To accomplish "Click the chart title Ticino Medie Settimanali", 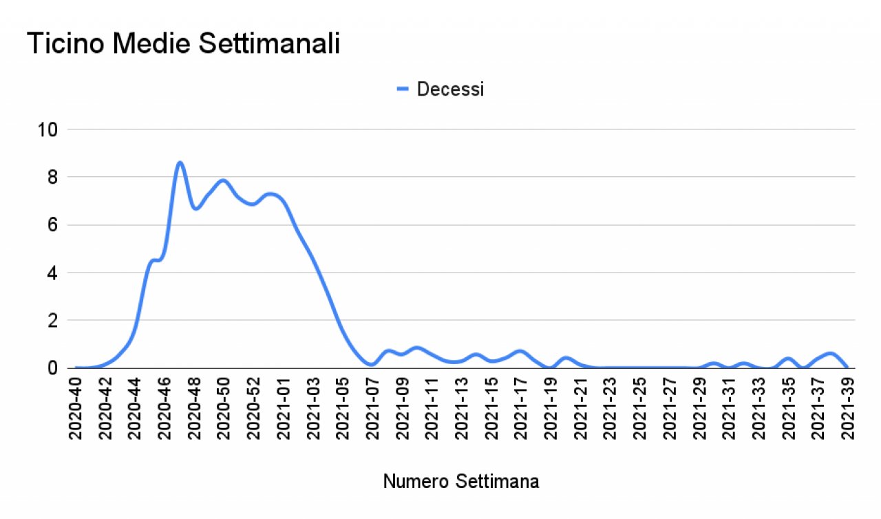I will click(184, 44).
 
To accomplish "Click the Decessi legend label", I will click(450, 89).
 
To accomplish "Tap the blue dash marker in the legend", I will click(403, 89).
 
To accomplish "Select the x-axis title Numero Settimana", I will click(461, 482).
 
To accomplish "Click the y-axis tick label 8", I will click(52, 177).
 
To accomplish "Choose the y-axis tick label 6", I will click(52, 225).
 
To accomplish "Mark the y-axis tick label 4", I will click(52, 273).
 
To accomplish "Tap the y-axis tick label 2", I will click(52, 320).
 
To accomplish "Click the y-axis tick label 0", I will click(52, 368).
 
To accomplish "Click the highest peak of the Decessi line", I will click(180, 162).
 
